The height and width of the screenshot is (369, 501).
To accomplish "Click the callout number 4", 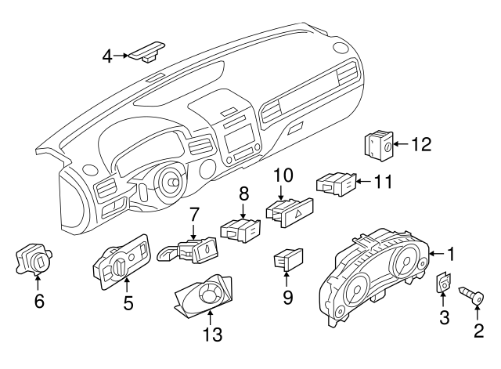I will [x=107, y=56].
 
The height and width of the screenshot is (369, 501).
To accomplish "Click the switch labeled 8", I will [x=239, y=230].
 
